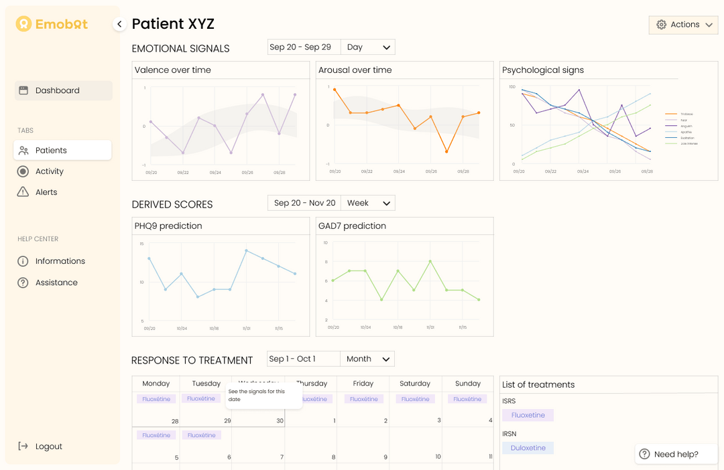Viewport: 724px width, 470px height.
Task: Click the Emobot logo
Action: pyautogui.click(x=52, y=24)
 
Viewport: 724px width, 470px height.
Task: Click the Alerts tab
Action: pyautogui.click(x=46, y=192)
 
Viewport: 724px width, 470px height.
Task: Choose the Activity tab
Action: pyautogui.click(x=49, y=171)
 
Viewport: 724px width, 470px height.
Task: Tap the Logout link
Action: pyautogui.click(x=48, y=447)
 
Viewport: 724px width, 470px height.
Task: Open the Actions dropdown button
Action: pyautogui.click(x=683, y=25)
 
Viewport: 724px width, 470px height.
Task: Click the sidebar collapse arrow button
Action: pyautogui.click(x=119, y=24)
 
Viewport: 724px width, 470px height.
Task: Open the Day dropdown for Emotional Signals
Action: pyautogui.click(x=368, y=47)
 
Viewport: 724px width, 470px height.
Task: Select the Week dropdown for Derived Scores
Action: pyautogui.click(x=368, y=203)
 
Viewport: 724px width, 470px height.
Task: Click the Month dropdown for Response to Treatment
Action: pyautogui.click(x=367, y=359)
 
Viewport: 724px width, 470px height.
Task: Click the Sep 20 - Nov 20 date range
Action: pyautogui.click(x=304, y=203)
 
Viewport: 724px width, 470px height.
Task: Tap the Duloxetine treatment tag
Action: pyautogui.click(x=528, y=448)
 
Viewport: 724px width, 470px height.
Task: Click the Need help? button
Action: pyautogui.click(x=669, y=454)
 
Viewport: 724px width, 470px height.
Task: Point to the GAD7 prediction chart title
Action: pyautogui.click(x=352, y=226)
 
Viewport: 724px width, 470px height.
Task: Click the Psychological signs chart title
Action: pyautogui.click(x=543, y=70)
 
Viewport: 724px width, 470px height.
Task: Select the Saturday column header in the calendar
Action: pyautogui.click(x=415, y=384)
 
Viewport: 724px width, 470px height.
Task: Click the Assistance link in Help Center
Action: pyautogui.click(x=56, y=283)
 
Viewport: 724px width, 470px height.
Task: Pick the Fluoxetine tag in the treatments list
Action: pyautogui.click(x=528, y=415)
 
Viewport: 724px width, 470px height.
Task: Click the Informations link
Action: pyautogui.click(x=60, y=261)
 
